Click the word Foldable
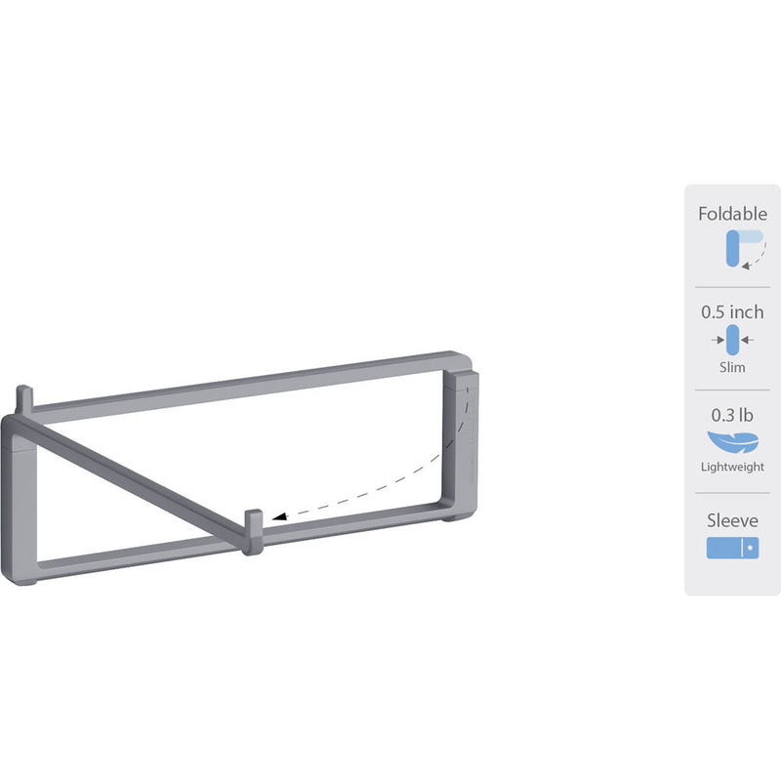pyautogui.click(x=732, y=214)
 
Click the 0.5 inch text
pyautogui.click(x=732, y=313)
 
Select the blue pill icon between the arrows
pyautogui.click(x=732, y=340)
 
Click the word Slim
pyautogui.click(x=732, y=368)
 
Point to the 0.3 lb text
pyautogui.click(x=732, y=411)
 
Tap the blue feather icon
pyautogui.click(x=732, y=439)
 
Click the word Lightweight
pyautogui.click(x=732, y=468)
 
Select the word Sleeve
pyautogui.click(x=732, y=520)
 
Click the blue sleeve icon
pyautogui.click(x=732, y=548)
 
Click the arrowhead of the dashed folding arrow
pyautogui.click(x=278, y=521)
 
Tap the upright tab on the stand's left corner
pyautogui.click(x=24, y=398)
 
